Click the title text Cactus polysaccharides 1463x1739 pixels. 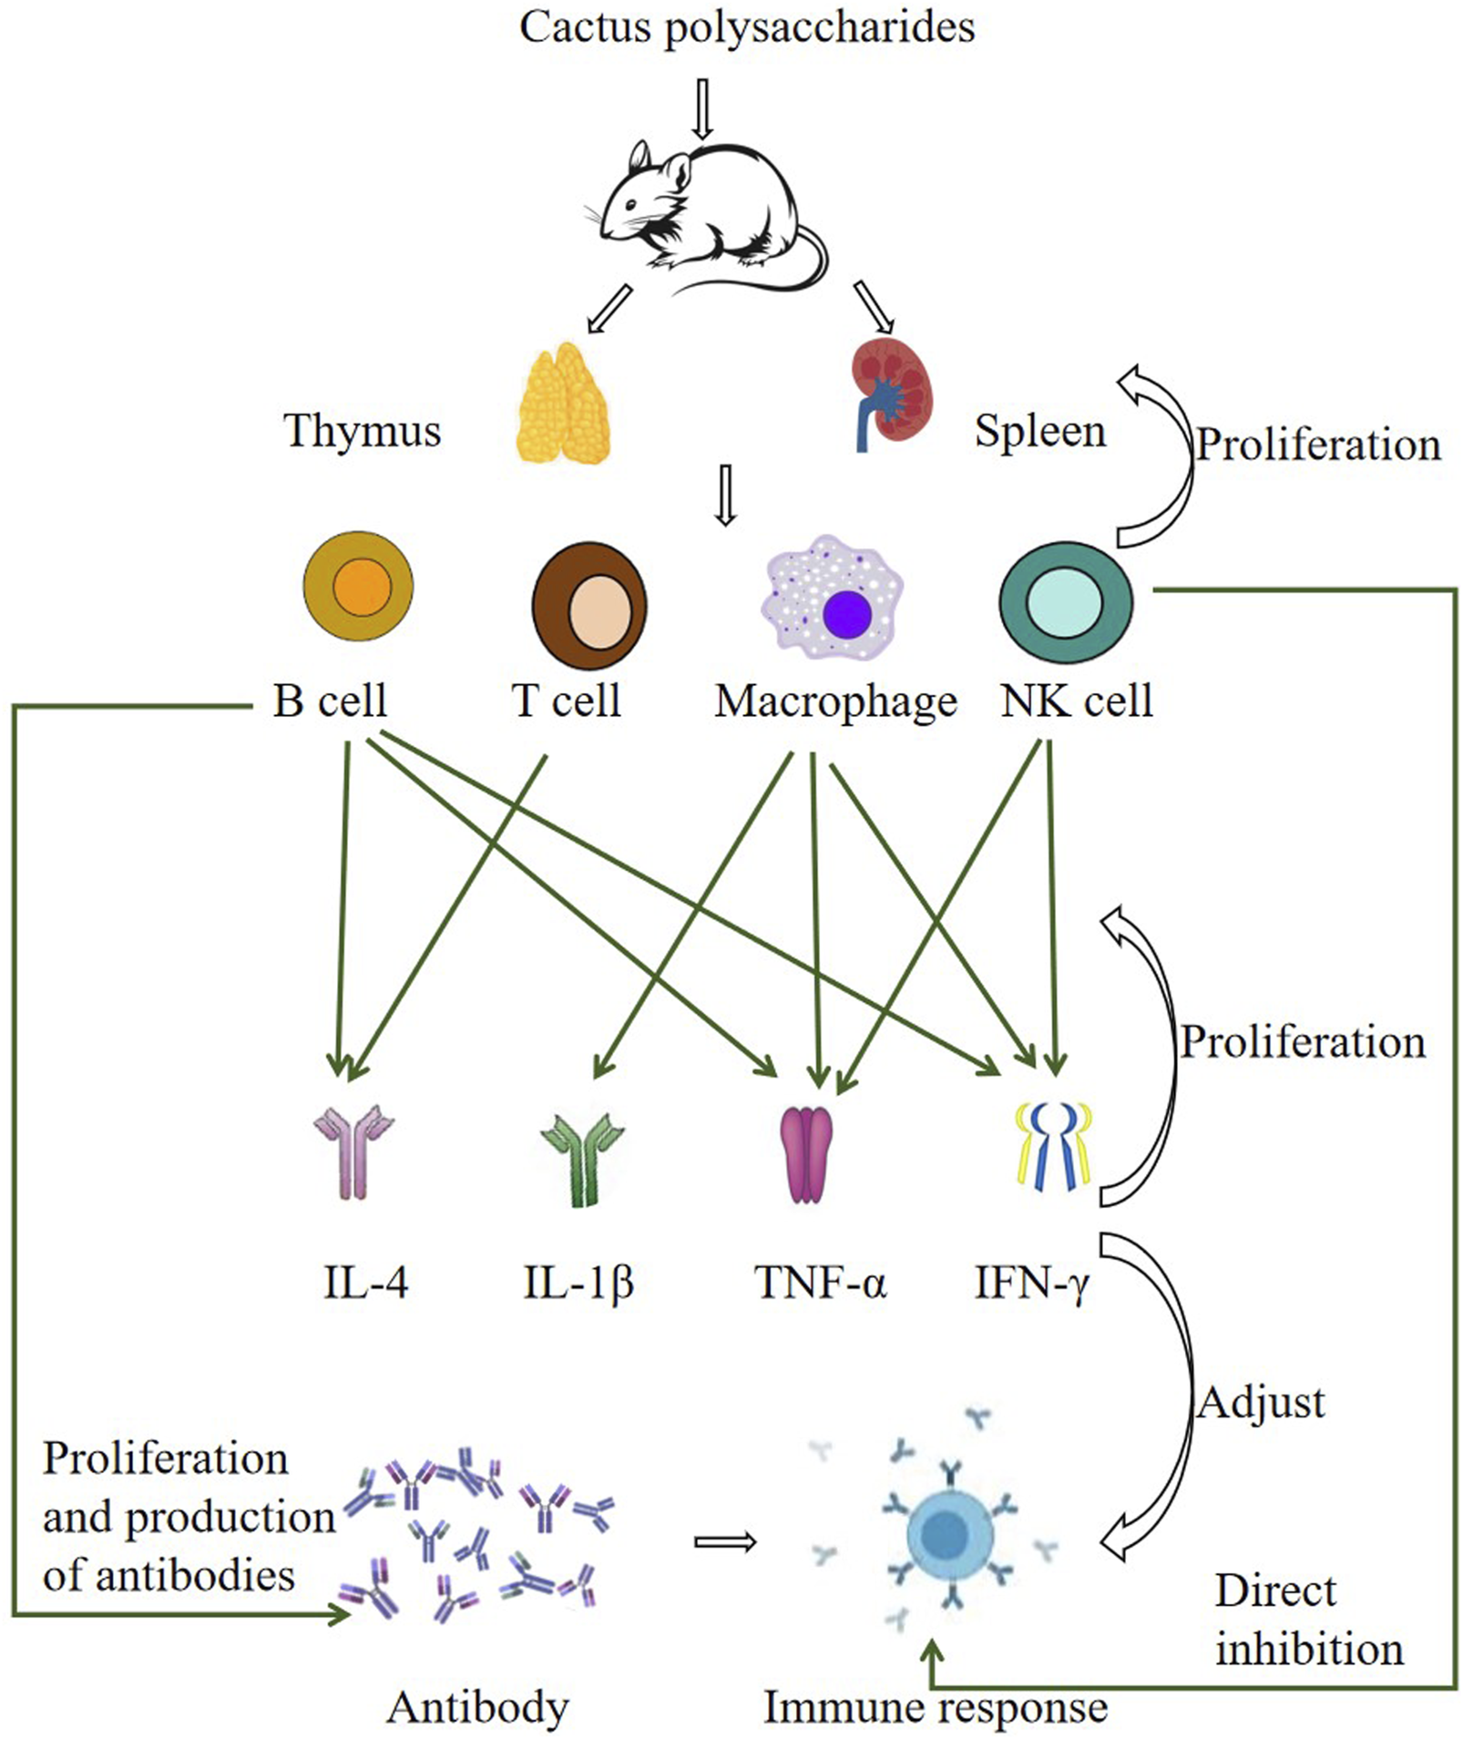pos(746,27)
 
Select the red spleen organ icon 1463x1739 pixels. pos(891,392)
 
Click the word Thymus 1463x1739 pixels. pos(363,431)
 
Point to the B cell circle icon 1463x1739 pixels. pos(358,587)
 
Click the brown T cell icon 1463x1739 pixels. pos(589,606)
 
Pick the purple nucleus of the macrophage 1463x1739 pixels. pos(846,614)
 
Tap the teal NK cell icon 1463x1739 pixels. pos(1065,602)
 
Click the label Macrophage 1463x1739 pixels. pos(835,701)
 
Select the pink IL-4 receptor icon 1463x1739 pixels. pos(353,1151)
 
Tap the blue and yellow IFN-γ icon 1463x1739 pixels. pos(1053,1146)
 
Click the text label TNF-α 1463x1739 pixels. pos(819,1283)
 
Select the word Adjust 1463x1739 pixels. pos(1261,1403)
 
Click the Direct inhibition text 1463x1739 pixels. pos(1308,1621)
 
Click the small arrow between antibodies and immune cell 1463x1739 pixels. pos(725,1541)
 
